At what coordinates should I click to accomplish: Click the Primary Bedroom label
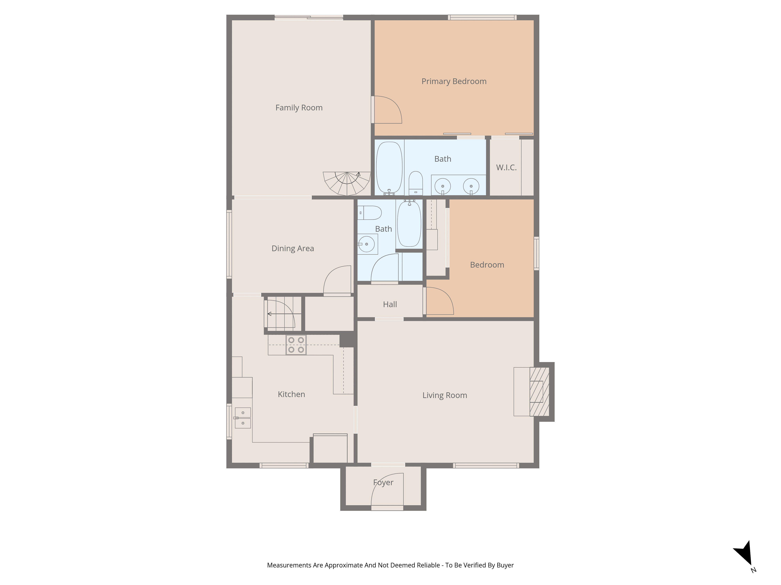tap(454, 82)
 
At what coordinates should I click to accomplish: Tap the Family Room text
tap(299, 108)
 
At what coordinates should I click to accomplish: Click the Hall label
tap(390, 304)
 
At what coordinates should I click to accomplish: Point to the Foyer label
tap(383, 482)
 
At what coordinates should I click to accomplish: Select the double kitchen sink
tap(243, 418)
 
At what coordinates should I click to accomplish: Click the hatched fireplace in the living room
tap(539, 392)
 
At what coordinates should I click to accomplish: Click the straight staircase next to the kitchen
tap(283, 314)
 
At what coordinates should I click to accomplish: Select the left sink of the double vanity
tap(442, 186)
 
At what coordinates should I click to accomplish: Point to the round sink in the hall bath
tap(366, 244)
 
